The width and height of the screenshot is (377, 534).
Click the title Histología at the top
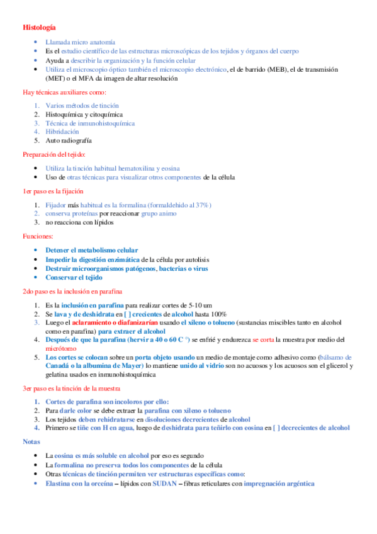pos(38,28)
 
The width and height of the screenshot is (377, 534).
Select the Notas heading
pos(32,441)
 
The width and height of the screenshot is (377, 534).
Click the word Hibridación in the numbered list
pos(62,132)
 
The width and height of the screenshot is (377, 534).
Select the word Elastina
pos(62,483)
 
